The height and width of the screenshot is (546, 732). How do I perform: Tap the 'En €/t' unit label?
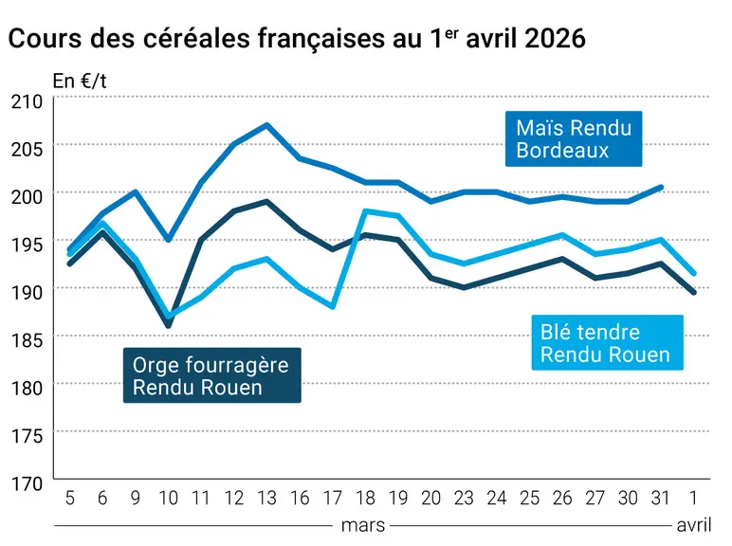tap(80, 82)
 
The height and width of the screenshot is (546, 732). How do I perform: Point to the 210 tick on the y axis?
tap(27, 101)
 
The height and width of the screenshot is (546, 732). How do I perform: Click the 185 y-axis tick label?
tap(27, 340)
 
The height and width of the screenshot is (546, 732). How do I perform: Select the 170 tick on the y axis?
tap(27, 484)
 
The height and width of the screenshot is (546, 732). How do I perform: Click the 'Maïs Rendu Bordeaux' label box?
tap(574, 138)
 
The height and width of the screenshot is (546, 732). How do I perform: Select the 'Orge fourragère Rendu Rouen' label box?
tap(212, 375)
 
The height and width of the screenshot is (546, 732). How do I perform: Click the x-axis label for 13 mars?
tap(267, 499)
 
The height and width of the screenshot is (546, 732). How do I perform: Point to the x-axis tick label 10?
tap(169, 499)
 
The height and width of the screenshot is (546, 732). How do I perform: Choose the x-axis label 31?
tap(661, 499)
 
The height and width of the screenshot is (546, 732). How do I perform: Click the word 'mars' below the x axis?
tap(363, 525)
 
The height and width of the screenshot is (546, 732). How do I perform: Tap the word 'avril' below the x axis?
tap(694, 525)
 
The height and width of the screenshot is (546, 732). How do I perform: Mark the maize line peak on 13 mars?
tap(266, 124)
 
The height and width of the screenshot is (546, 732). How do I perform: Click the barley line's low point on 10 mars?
tap(168, 325)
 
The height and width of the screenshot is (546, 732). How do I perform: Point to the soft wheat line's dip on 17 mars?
tap(333, 306)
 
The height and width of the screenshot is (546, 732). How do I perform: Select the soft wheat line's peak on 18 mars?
tap(366, 211)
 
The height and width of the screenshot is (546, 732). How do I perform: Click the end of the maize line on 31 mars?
tap(661, 188)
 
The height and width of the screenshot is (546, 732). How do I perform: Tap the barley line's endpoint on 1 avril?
tap(694, 292)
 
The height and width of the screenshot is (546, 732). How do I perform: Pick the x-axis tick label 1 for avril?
tap(694, 499)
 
